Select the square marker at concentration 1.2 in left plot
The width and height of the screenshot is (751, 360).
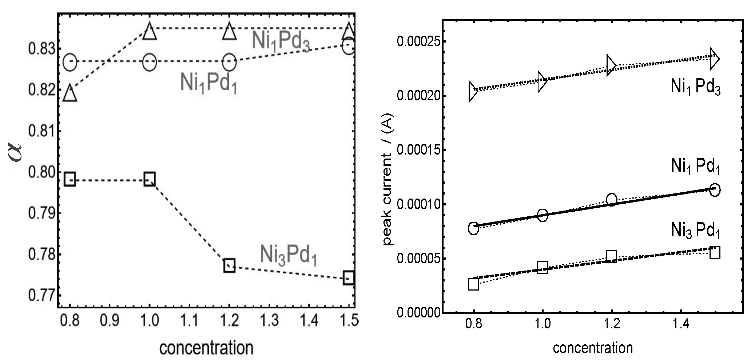[x=229, y=266]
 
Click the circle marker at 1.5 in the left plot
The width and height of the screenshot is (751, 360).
[x=349, y=47]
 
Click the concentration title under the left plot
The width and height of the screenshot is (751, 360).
[x=206, y=347]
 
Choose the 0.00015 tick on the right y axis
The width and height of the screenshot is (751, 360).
[x=418, y=151]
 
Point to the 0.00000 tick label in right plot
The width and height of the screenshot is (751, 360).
[x=418, y=313]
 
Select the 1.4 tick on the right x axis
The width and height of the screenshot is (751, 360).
[x=681, y=324]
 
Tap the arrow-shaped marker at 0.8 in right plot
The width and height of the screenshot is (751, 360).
[x=472, y=91]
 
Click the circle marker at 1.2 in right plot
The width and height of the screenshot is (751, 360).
[x=612, y=200]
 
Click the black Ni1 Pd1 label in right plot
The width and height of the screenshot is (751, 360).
[x=695, y=167]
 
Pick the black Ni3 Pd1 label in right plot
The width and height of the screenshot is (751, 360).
[x=695, y=231]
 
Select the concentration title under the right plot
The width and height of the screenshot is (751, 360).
[x=593, y=348]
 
